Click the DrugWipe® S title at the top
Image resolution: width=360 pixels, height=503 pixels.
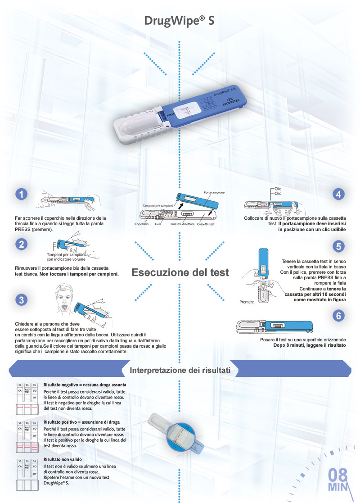tap(179, 21)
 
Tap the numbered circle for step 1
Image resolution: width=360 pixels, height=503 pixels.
tap(21, 194)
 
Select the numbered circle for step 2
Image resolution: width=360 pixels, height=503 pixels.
tap(21, 245)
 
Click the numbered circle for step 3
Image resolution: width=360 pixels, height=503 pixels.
tap(21, 299)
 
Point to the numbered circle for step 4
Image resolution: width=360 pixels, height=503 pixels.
tap(338, 194)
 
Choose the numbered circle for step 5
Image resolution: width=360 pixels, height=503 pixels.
tap(338, 246)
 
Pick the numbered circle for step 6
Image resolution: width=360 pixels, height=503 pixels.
tap(338, 316)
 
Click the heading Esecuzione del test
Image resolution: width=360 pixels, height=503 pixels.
tap(180, 272)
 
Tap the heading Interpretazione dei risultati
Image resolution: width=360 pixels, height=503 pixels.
tap(180, 371)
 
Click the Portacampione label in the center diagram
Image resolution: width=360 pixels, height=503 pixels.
tap(214, 192)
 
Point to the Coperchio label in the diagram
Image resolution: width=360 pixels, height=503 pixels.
tap(141, 224)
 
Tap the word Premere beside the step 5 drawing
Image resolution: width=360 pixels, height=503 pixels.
tap(247, 302)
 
